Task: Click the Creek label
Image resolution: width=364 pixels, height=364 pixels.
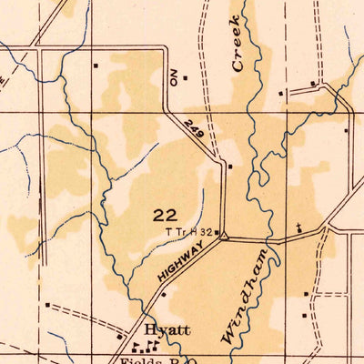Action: pyautogui.click(x=238, y=45)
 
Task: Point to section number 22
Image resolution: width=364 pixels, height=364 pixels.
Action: pyautogui.click(x=165, y=215)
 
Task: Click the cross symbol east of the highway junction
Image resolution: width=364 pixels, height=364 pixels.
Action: pyautogui.click(x=298, y=225)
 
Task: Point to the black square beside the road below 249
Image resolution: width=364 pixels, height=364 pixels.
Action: pyautogui.click(x=231, y=167)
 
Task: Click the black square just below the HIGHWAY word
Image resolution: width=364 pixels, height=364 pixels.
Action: pyautogui.click(x=163, y=294)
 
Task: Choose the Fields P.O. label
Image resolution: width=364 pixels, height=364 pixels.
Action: pyautogui.click(x=150, y=360)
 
